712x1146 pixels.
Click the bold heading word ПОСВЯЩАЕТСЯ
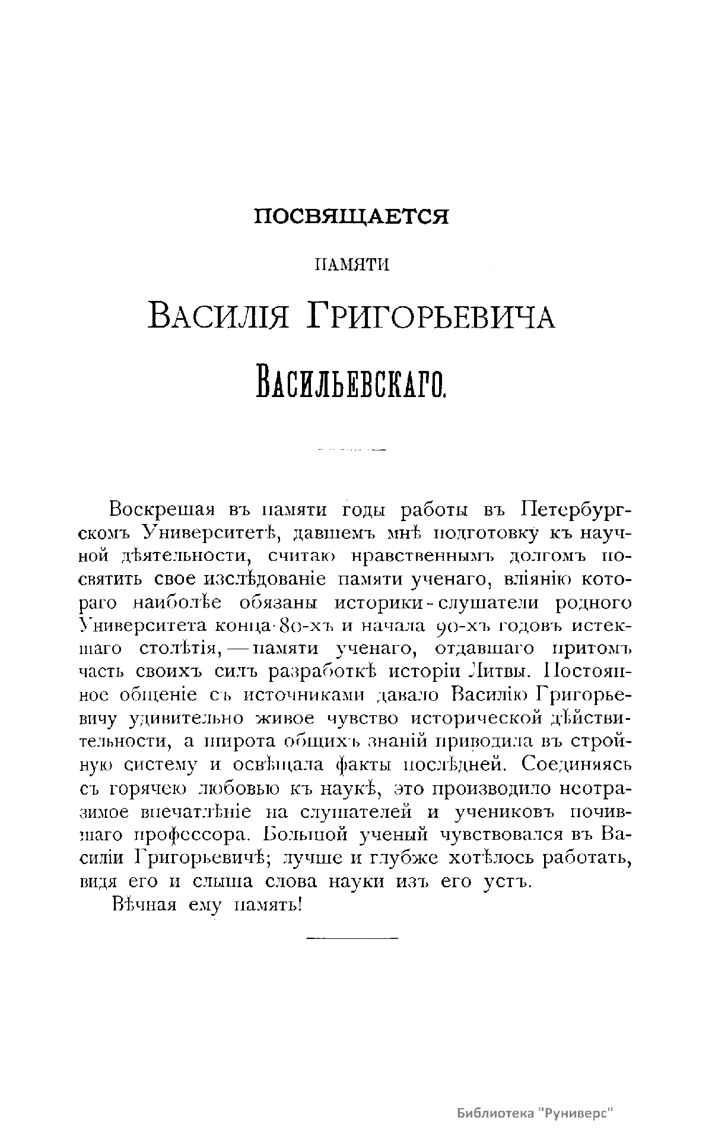click(x=351, y=217)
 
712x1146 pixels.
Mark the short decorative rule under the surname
click(x=351, y=449)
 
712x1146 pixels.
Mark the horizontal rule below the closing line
click(x=351, y=938)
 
